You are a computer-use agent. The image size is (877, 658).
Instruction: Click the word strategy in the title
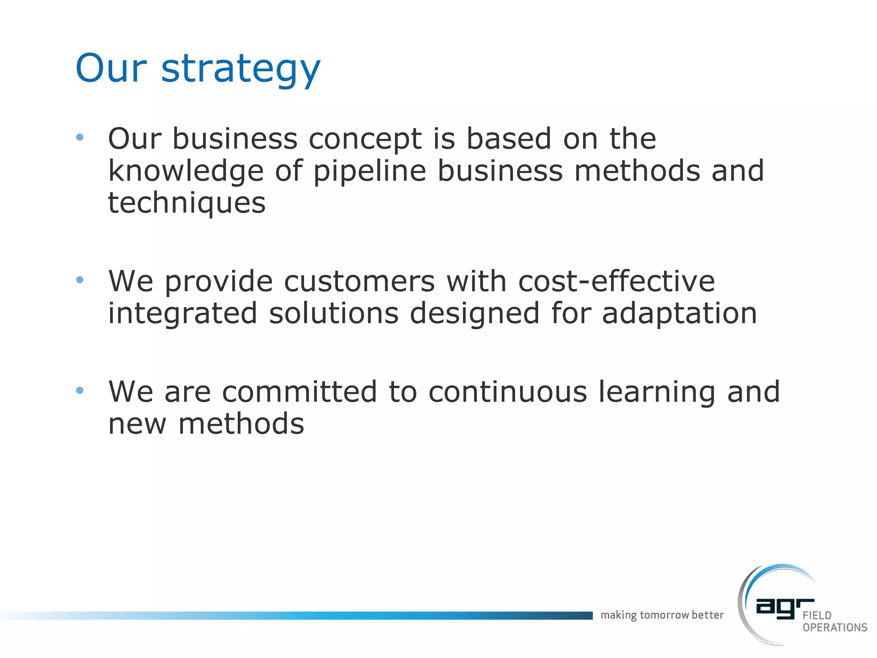point(241,69)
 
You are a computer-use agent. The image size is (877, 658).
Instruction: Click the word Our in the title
point(111,69)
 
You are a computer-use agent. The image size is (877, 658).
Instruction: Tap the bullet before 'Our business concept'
point(80,138)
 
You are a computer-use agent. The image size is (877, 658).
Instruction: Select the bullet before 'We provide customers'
point(80,280)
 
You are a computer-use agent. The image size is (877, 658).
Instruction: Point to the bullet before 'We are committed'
point(80,390)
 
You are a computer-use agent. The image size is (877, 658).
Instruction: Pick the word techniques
point(187,203)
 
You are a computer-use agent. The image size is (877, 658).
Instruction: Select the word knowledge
point(186,171)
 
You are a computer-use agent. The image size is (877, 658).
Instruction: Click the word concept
point(365,139)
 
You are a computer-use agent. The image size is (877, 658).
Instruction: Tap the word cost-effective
point(617,281)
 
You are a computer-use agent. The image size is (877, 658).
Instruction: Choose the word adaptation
point(680,314)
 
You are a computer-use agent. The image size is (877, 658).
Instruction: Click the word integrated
point(182,314)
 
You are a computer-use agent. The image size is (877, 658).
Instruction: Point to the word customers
point(359,281)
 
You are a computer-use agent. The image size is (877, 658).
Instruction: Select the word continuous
point(507,392)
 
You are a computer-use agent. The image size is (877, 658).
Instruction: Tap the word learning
point(656,393)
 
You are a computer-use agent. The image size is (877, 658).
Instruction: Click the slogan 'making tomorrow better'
point(662,615)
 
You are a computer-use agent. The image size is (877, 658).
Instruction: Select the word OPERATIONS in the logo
point(835,628)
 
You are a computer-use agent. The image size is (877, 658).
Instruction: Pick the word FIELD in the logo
point(817,616)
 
